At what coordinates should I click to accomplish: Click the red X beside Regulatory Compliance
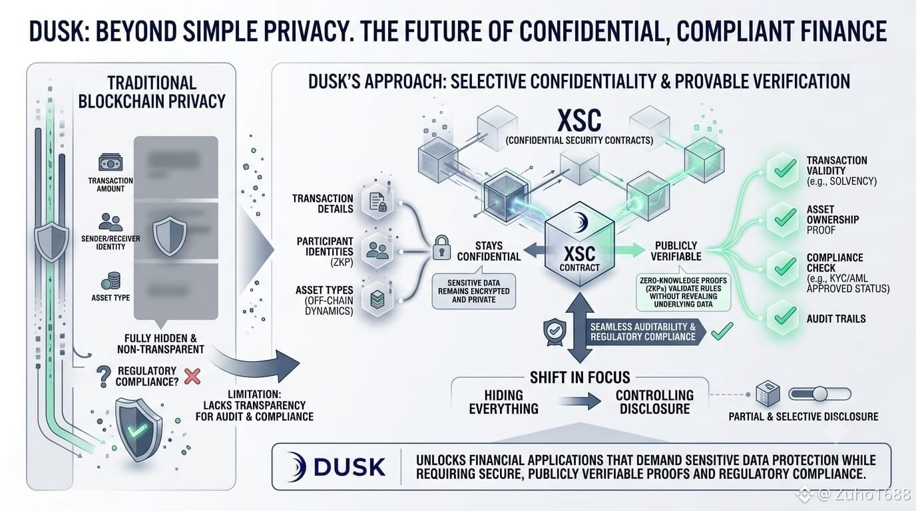coord(192,377)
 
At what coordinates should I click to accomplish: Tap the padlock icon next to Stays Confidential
coord(441,248)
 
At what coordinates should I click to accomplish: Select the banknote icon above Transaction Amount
coord(111,162)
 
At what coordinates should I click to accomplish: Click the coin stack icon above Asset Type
coord(111,281)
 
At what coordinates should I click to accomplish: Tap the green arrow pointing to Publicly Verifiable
coord(630,250)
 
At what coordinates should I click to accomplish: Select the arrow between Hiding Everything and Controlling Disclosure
coord(580,401)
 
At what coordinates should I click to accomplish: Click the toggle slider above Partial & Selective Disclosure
coord(820,394)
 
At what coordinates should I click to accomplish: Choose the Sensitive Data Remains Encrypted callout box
coord(473,291)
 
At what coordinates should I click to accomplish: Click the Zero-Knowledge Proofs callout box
coord(683,292)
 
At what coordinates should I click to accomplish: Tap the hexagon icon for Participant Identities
coord(377,250)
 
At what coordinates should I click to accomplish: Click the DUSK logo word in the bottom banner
coord(349,467)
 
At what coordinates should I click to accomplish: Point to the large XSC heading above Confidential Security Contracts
coord(579,120)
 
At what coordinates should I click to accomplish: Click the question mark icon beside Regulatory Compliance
coord(103,376)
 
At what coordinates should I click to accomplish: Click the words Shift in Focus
coord(580,377)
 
